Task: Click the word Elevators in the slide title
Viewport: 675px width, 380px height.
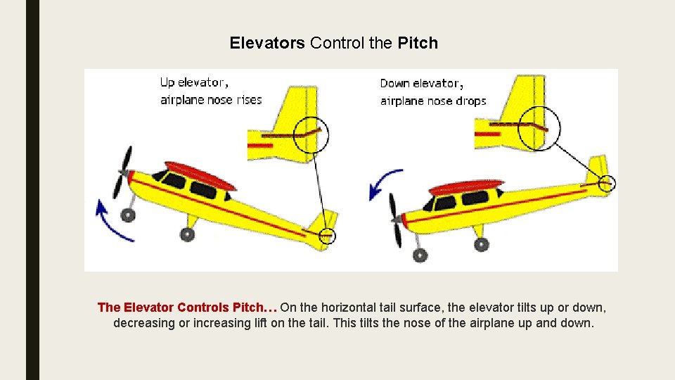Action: point(267,43)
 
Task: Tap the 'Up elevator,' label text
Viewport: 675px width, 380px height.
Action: point(194,82)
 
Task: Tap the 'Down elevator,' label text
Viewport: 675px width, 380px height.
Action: point(420,83)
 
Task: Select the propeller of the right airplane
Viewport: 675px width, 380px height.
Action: point(397,220)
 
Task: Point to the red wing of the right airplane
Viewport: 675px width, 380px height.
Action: point(466,186)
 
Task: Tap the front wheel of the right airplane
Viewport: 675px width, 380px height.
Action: point(420,254)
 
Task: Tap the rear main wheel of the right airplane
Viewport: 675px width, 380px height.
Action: point(481,244)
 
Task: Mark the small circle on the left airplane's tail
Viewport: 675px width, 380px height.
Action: point(328,236)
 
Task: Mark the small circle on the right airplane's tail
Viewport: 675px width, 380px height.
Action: point(607,184)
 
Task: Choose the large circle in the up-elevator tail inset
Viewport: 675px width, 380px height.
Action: point(311,134)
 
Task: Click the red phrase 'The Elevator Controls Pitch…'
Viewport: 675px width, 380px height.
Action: point(187,308)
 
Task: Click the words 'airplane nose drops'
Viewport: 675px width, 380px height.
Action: point(433,101)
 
